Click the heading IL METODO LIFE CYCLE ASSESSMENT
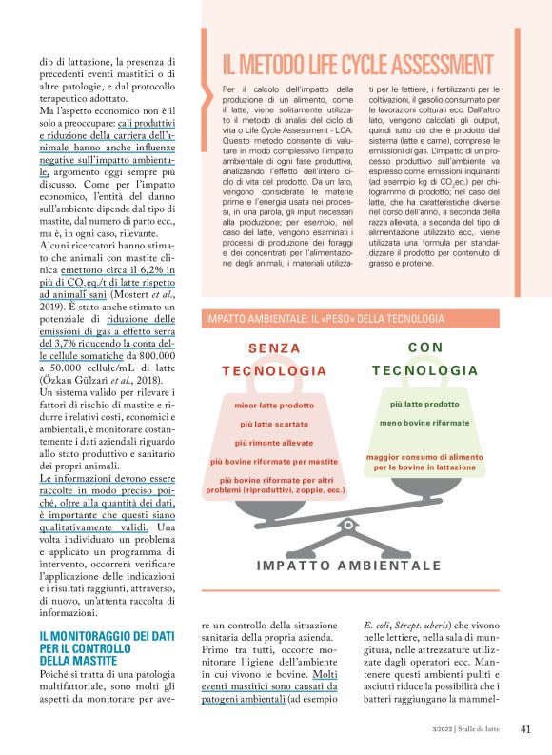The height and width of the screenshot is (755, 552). (x=358, y=65)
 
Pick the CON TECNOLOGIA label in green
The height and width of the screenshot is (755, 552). (x=424, y=359)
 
